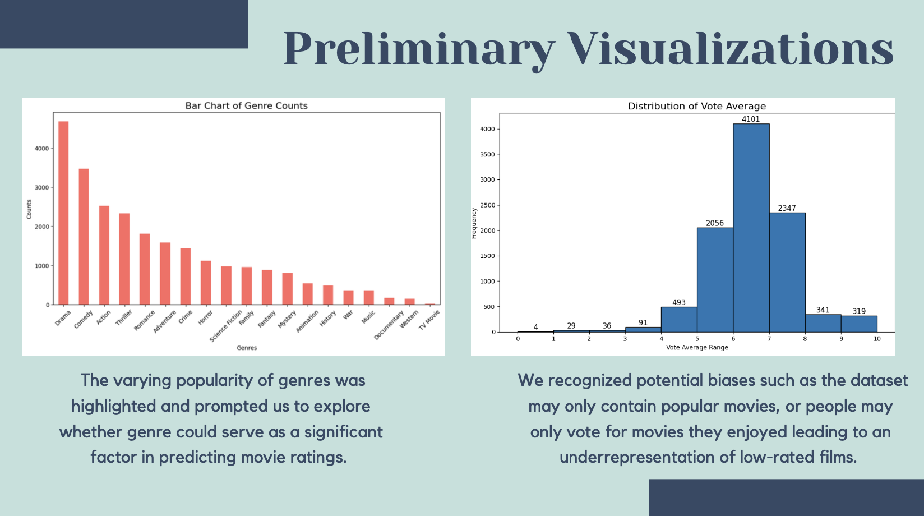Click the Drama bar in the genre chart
coord(63,213)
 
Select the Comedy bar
coord(84,237)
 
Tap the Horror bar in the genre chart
coord(206,283)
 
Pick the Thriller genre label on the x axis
coord(123,317)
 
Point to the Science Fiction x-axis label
coord(225,326)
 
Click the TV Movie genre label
coord(429,320)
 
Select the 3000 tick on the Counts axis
coord(41,187)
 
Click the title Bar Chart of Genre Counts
coord(246,105)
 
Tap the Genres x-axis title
coord(247,348)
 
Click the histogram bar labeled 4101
coord(751,228)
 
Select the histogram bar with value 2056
coord(715,280)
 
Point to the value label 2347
coord(787,208)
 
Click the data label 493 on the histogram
coord(679,302)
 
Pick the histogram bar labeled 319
coord(859,324)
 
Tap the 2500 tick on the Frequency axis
coord(487,205)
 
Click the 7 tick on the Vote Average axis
coord(769,339)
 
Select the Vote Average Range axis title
coord(697,348)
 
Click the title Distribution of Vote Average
coord(697,106)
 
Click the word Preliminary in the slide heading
coord(419,49)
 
